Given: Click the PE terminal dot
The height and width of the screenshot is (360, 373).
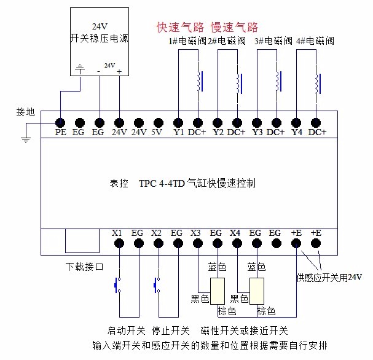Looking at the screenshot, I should pos(61,122).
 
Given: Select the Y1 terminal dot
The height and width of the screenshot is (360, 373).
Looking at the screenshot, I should pos(178,122).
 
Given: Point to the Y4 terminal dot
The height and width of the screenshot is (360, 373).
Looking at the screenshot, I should pos(296,122).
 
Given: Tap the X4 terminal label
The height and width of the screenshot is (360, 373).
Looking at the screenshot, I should pos(235,233).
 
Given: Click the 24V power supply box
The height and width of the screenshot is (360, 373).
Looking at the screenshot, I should pos(100,42).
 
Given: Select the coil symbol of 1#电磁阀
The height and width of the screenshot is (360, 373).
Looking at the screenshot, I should pos(198,80).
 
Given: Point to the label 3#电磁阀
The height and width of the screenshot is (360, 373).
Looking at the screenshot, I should pos(273,42).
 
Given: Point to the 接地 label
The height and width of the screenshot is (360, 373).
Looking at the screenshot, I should pos(26,112).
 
